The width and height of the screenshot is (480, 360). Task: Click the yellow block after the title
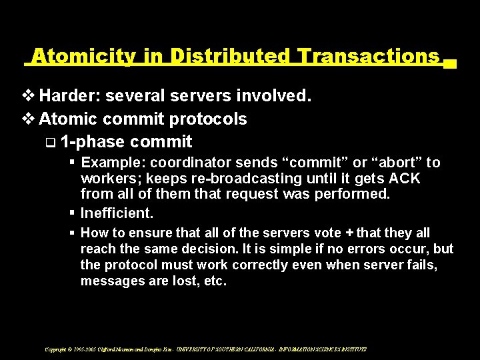pyautogui.click(x=449, y=64)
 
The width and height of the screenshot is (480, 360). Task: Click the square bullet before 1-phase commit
pyautogui.click(x=51, y=142)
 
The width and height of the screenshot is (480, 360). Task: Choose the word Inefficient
pyautogui.click(x=117, y=213)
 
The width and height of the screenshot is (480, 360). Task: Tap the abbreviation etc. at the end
pyautogui.click(x=214, y=281)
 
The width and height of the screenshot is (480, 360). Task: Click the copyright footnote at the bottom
pyautogui.click(x=205, y=349)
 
